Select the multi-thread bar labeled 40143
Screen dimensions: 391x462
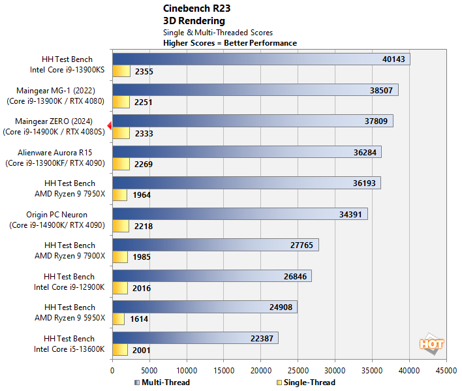(261, 59)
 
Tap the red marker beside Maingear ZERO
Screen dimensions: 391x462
(110, 125)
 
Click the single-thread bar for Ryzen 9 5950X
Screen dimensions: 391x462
(118, 319)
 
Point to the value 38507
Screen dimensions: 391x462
(381, 90)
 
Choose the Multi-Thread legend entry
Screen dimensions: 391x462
(162, 383)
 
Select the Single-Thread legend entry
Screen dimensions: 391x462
(306, 383)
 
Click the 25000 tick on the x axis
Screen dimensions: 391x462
(298, 369)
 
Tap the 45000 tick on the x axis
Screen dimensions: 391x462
(447, 369)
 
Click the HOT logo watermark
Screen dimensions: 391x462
(431, 344)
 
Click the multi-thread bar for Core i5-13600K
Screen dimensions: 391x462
(195, 337)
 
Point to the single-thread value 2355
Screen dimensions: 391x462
(144, 71)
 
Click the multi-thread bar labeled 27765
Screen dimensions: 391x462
(215, 245)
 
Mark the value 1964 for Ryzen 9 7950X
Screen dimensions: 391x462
(141, 195)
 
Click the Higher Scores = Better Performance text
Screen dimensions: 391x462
(230, 43)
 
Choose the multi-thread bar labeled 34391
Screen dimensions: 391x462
(239, 214)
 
